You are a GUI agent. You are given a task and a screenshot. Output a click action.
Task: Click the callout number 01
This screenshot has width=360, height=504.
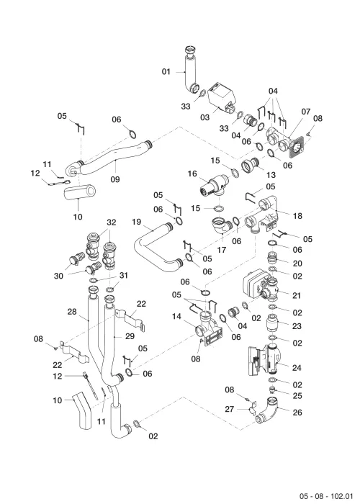[x=166, y=71]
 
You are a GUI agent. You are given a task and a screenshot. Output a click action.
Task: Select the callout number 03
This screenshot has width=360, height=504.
[x=204, y=117]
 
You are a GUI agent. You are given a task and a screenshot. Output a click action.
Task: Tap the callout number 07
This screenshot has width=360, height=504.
[x=306, y=112]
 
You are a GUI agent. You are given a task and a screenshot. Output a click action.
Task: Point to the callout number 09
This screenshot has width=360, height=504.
[x=115, y=179]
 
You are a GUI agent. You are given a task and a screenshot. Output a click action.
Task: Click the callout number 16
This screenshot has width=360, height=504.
[x=192, y=174]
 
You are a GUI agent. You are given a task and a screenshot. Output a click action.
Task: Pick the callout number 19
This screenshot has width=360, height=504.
[x=137, y=222]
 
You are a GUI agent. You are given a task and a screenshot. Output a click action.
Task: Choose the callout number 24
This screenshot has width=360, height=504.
[x=297, y=367]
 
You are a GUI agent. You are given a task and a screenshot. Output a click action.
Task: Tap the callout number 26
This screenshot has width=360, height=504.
[x=297, y=412]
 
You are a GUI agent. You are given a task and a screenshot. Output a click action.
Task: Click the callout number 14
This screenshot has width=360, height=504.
[x=176, y=317]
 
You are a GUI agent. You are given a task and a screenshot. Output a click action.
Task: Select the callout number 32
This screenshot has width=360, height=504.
[x=111, y=222]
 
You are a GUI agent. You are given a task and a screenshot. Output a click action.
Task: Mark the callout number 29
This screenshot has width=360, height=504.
[x=130, y=336]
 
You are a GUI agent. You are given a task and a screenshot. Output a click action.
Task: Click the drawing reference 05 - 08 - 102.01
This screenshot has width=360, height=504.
[x=326, y=496]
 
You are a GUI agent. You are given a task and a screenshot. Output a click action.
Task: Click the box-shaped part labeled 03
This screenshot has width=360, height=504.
[x=221, y=98]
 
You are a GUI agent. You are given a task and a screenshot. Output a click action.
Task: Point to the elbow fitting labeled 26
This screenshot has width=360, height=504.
[x=267, y=410]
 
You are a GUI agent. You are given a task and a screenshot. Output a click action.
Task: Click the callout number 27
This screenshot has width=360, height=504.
[x=229, y=409]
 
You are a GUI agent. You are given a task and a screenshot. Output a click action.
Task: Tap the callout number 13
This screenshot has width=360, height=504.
[x=271, y=174]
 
